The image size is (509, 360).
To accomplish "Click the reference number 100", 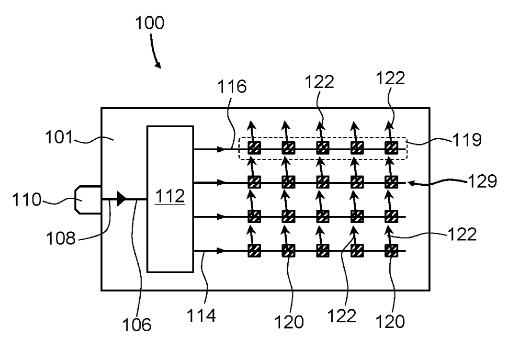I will point(150,23).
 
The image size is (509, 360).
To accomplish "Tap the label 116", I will point(232,86).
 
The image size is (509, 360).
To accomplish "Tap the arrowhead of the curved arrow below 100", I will point(158,65).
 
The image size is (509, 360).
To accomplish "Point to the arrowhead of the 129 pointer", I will point(410,183).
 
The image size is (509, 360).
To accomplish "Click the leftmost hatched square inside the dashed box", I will point(254,149).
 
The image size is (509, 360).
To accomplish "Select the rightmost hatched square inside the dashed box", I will point(391,149).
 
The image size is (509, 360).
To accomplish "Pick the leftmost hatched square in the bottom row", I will point(254,251).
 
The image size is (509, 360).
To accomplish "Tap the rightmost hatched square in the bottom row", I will point(391,251).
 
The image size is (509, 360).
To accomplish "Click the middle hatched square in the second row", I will point(323,183).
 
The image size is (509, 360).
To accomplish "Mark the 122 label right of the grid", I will point(462,235).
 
